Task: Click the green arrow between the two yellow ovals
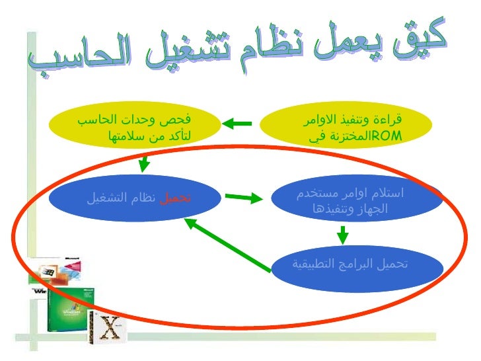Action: pos(237,123)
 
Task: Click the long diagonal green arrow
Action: pos(227,245)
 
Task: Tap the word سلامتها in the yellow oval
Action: pos(123,137)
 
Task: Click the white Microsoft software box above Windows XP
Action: pos(66,268)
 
